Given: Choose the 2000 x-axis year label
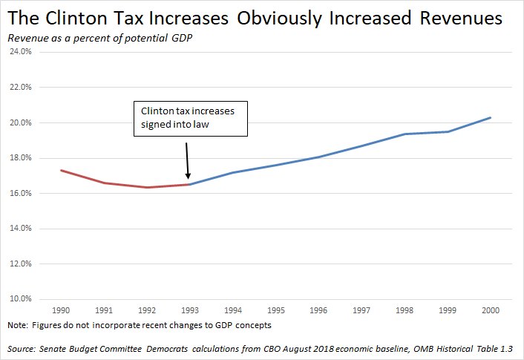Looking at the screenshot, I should coord(490,310).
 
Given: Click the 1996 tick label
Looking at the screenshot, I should coord(318,310).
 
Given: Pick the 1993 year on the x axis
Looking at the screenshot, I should coord(190,310).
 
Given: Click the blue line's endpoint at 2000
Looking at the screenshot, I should coord(490,117).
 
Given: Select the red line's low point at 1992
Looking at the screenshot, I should coord(147,187).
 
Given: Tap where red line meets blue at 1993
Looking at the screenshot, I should coord(190,184).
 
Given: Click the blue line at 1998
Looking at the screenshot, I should coord(405,134).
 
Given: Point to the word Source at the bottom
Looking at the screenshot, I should coord(20,349).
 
